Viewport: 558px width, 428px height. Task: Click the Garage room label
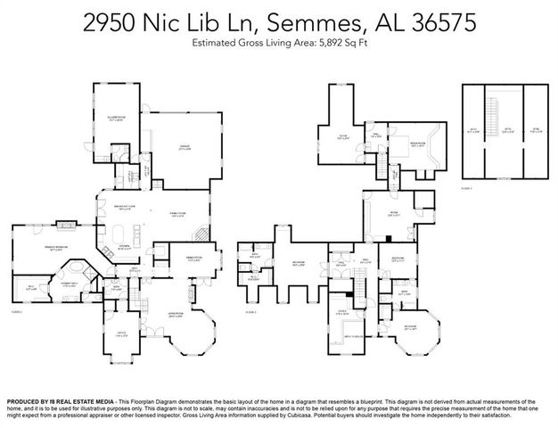coord(185,149)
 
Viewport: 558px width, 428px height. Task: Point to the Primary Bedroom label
coord(61,251)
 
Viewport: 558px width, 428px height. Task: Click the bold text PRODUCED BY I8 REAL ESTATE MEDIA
coord(67,402)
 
